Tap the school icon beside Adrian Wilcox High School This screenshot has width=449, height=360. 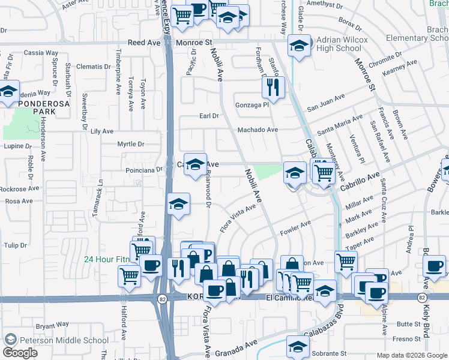(298, 46)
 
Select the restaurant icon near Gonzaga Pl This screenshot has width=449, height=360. (273, 87)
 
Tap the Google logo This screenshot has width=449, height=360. (20, 353)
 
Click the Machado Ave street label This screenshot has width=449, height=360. (258, 130)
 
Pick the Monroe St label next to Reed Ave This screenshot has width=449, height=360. (195, 43)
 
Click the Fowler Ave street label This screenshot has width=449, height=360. (296, 226)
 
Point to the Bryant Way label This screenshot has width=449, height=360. (52, 326)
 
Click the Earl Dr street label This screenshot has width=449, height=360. (208, 116)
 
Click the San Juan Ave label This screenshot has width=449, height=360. (326, 103)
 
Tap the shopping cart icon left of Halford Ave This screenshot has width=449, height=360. (130, 275)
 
